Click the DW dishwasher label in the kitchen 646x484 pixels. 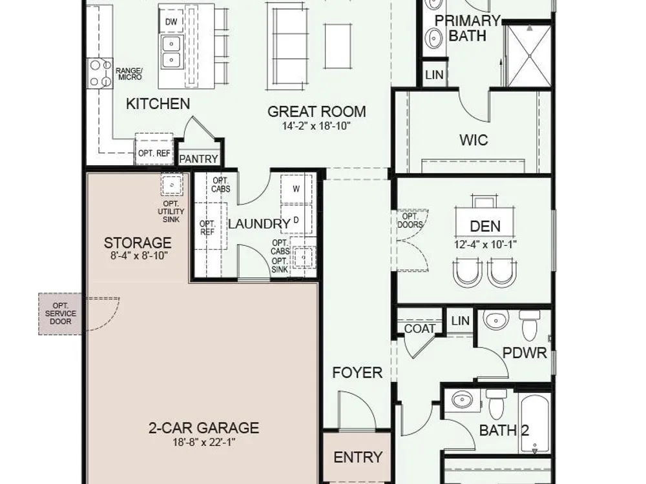171,22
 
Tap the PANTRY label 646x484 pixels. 198,159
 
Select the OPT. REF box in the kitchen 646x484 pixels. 154,148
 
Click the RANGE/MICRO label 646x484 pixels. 129,74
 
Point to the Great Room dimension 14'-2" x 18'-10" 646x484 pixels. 316,126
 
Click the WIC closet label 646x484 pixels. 474,140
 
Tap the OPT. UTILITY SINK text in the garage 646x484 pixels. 171,212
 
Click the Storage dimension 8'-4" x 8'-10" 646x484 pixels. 139,256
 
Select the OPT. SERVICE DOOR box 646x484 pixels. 60,314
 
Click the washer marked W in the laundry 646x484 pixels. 297,189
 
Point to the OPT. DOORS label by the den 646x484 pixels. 410,221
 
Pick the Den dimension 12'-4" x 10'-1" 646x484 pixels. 485,245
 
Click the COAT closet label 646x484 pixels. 419,328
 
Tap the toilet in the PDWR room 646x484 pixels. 530,325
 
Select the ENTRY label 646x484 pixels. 358,458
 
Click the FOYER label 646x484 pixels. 357,372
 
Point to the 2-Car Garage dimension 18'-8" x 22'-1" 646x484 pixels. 203,443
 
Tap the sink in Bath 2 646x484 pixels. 463,399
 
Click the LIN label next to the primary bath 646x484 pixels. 434,75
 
